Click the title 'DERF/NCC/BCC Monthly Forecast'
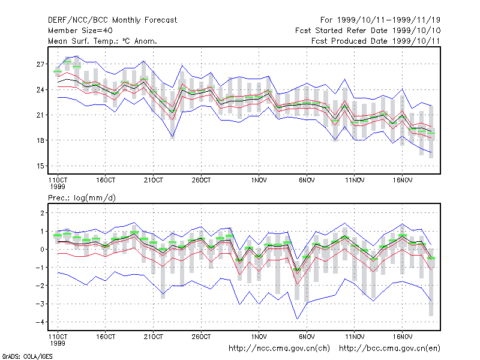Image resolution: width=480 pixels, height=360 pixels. pos(112,20)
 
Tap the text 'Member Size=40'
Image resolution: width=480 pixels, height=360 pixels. pos(80,31)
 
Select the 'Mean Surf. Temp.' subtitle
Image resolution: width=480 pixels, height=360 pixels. pos(103,41)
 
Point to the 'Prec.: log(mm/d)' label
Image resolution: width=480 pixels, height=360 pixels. pos(82,198)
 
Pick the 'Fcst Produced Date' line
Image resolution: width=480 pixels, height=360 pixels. pos(376,41)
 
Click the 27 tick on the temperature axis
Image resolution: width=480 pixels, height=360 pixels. pos(40,64)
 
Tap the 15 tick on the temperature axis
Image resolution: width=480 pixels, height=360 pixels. pos(40,166)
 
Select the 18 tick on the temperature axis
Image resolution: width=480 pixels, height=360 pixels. pos(40,140)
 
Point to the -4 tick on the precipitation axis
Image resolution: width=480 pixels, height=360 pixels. pos(40,322)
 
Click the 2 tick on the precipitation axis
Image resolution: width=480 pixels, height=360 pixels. pos(42,213)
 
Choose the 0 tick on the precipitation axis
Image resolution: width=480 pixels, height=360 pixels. pos(42,250)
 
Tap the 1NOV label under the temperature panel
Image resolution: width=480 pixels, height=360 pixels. pos(259,181)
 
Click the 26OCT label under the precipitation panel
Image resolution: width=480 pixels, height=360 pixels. pos(201,337)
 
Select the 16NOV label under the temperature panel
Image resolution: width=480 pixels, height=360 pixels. pos(403,181)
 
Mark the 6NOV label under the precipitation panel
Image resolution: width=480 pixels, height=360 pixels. pos(307,337)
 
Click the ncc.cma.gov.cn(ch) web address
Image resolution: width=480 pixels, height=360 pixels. pos(279,349)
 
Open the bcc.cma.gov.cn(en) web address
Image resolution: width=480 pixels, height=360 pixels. pos(389,349)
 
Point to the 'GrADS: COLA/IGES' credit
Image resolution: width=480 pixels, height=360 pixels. pos(27,356)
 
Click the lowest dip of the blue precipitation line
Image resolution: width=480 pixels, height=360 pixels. pos(297,319)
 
